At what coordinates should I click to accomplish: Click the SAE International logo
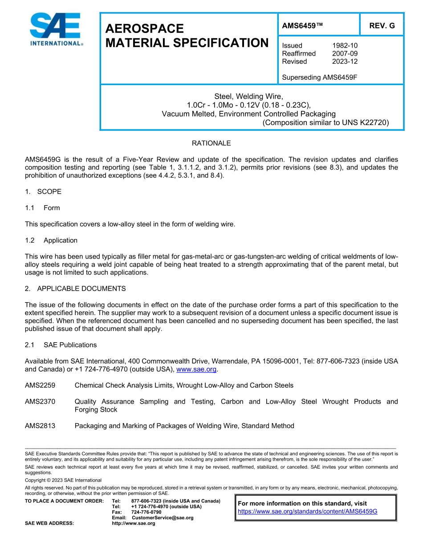pyautogui.click(x=55, y=29)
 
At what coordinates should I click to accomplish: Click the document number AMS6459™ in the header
pyautogui.click(x=302, y=26)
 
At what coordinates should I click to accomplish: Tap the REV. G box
pyautogui.click(x=382, y=26)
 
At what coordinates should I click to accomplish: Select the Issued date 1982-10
pyautogui.click(x=345, y=45)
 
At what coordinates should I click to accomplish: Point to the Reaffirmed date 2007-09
pyautogui.click(x=345, y=53)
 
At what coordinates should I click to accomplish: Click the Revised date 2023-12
pyautogui.click(x=345, y=61)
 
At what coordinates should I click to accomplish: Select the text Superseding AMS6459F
pyautogui.click(x=320, y=77)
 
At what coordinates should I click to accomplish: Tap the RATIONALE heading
pyautogui.click(x=211, y=143)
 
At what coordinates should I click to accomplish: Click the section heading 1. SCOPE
pyautogui.click(x=43, y=192)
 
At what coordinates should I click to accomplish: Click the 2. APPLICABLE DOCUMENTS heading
pyautogui.click(x=75, y=289)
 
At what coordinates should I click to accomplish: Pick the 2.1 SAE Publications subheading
pyautogui.click(x=61, y=345)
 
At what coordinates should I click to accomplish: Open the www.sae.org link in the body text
pyautogui.click(x=196, y=369)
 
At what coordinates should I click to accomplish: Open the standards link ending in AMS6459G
pyautogui.click(x=308, y=511)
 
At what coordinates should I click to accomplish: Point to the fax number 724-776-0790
pyautogui.click(x=146, y=512)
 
